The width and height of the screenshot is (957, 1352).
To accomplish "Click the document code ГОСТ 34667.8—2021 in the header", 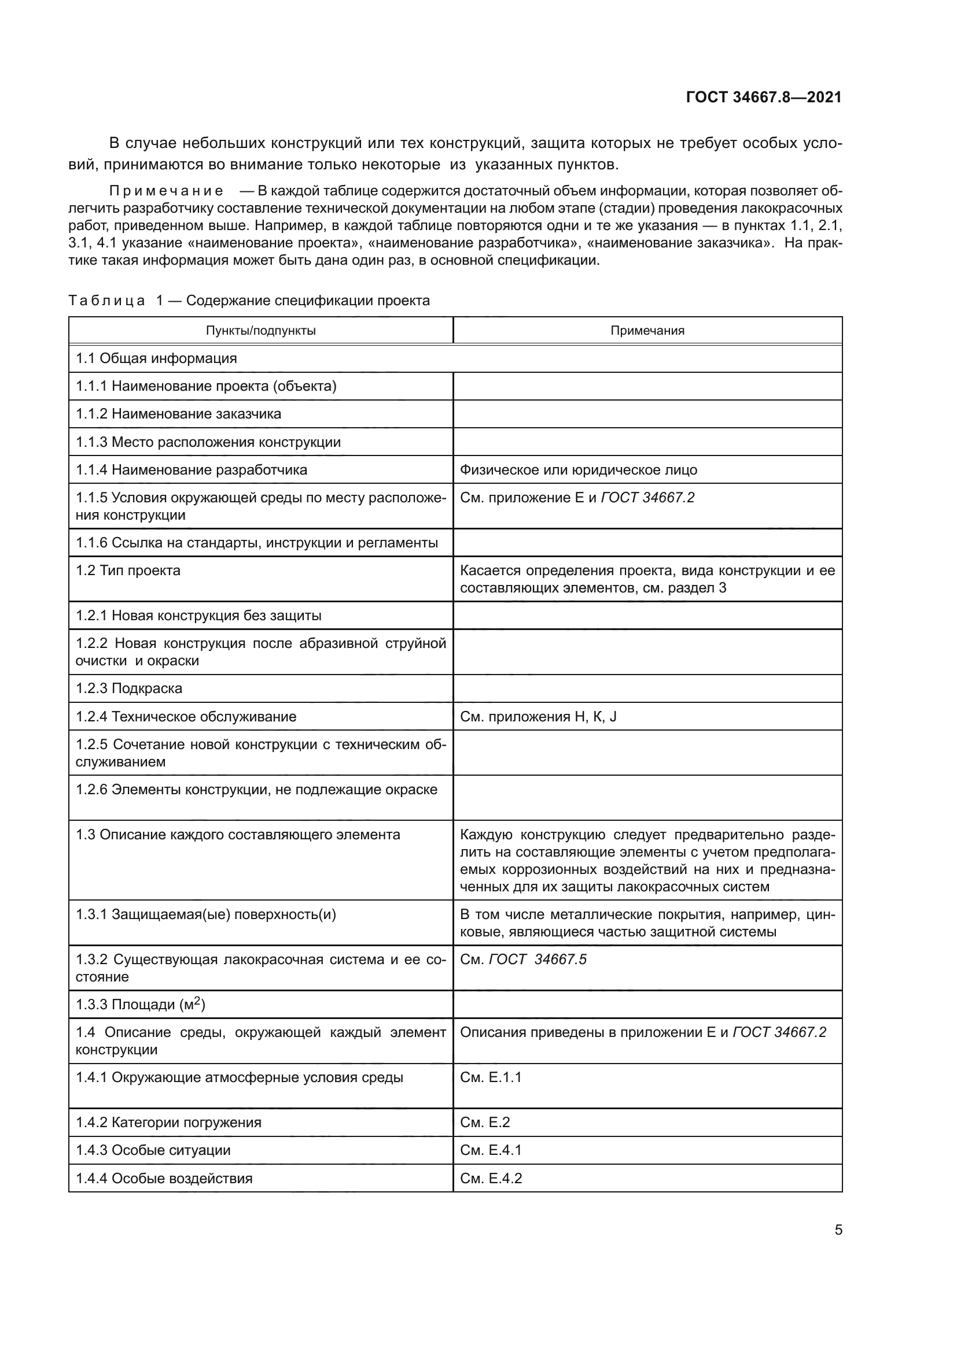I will [x=764, y=97].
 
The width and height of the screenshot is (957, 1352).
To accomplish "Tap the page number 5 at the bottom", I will [x=838, y=1229].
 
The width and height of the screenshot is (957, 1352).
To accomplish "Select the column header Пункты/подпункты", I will [x=260, y=331].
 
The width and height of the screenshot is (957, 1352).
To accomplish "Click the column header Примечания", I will [x=647, y=331].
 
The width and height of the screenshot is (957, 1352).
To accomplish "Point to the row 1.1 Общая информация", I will [x=156, y=358].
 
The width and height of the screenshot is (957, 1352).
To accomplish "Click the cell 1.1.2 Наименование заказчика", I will [x=179, y=413].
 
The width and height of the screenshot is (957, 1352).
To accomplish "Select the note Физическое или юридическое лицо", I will [x=578, y=469].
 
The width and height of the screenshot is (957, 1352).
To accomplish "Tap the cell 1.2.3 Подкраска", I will [x=129, y=688].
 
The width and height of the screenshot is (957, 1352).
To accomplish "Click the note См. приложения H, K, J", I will [x=538, y=716].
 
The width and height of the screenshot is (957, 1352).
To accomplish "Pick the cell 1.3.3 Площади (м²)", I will [x=140, y=1004].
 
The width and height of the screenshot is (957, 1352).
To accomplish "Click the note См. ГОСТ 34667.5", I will [x=523, y=960].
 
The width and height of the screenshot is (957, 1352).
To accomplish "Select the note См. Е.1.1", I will [x=490, y=1077].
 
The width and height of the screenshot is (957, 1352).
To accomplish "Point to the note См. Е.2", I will [x=484, y=1122].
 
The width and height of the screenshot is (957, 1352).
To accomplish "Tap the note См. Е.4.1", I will [x=490, y=1150].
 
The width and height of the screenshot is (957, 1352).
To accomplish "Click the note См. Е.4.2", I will [x=490, y=1177].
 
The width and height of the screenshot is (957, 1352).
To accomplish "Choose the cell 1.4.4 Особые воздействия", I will [x=164, y=1177].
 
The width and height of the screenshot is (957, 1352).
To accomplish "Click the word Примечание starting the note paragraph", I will [x=166, y=191].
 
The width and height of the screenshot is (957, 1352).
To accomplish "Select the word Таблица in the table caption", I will [x=106, y=301].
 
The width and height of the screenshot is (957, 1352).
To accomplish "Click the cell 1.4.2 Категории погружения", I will [x=168, y=1122].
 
